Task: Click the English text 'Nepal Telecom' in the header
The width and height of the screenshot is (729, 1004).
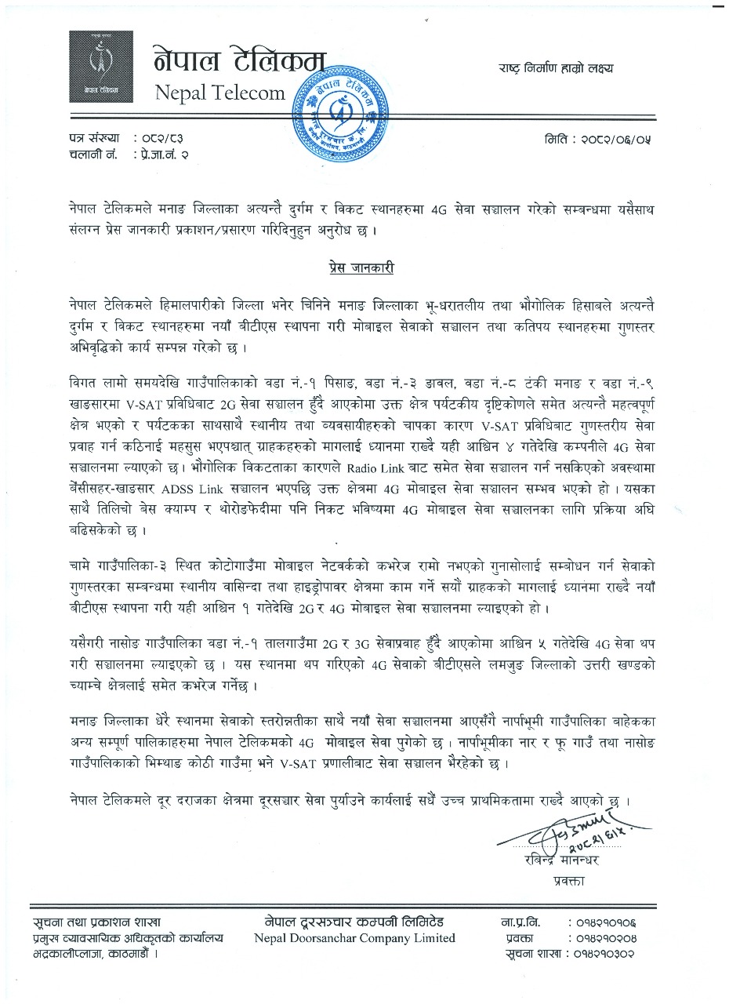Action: click(x=220, y=93)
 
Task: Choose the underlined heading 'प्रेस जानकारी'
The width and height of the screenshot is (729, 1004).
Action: click(x=361, y=268)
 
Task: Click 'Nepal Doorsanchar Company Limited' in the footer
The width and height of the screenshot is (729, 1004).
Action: click(x=354, y=938)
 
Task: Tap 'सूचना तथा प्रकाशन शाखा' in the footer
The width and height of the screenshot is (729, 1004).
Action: click(x=97, y=922)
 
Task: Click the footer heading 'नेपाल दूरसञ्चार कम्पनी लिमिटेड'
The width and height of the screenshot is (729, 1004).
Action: click(x=354, y=922)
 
